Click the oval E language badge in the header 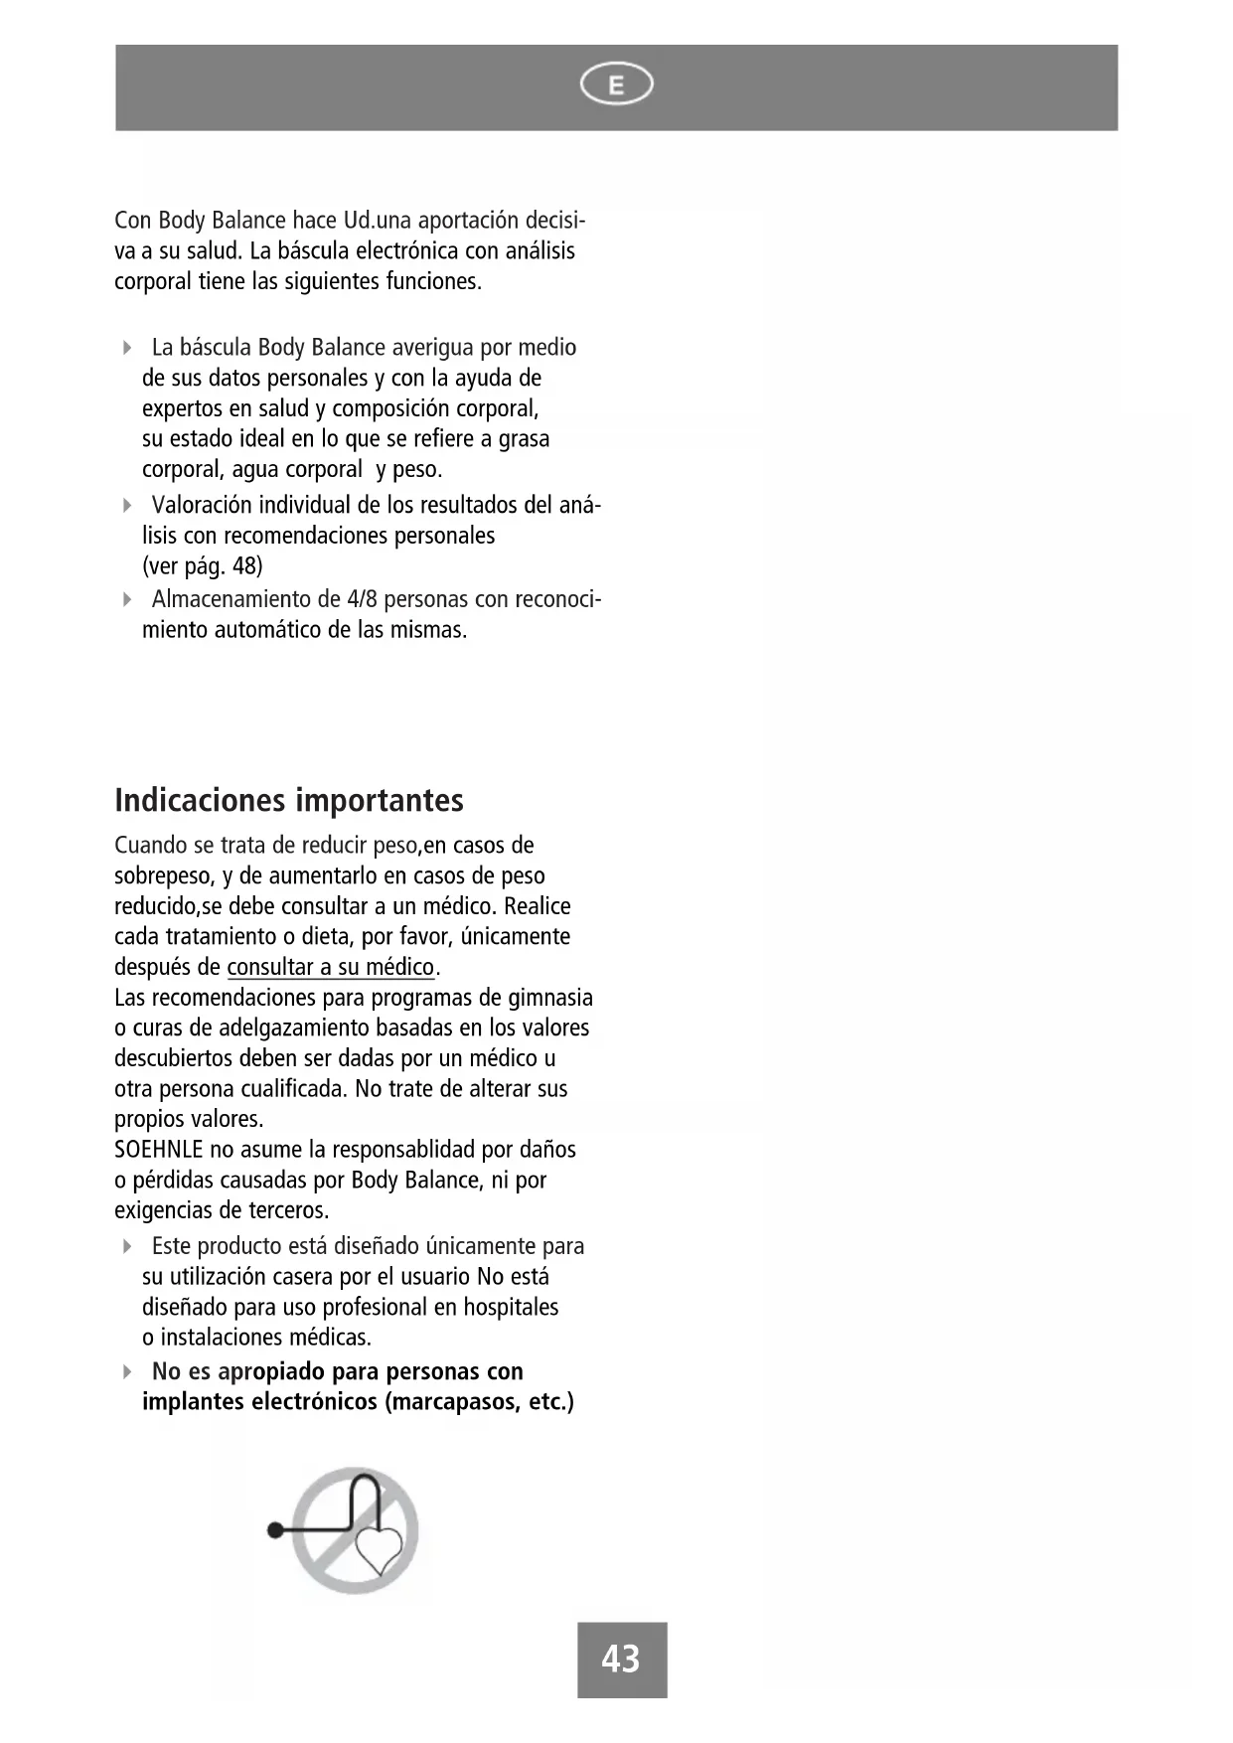[x=616, y=86]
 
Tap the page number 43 [x=621, y=1659]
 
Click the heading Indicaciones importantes [x=289, y=800]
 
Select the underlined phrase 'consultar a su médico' [x=331, y=967]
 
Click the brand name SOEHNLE [x=159, y=1150]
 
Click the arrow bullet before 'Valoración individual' [x=127, y=505]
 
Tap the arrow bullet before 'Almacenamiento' [x=127, y=599]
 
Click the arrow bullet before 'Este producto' [x=127, y=1246]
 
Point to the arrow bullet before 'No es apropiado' [x=127, y=1372]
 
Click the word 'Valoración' [x=202, y=505]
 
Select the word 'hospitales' [x=511, y=1307]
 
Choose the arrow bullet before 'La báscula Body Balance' [x=127, y=348]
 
